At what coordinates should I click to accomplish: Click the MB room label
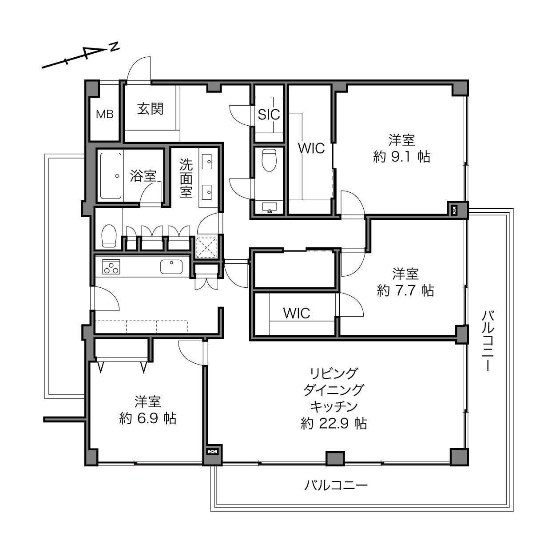click(104, 114)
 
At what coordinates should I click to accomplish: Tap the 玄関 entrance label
click(151, 109)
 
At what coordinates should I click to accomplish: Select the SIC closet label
click(269, 115)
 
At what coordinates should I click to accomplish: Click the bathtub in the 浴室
click(111, 176)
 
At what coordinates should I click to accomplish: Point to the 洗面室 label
click(186, 178)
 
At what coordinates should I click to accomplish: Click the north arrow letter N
click(115, 47)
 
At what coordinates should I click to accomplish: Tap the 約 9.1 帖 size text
click(401, 157)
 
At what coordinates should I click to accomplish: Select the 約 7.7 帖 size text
click(405, 290)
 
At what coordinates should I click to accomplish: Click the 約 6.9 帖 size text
click(148, 418)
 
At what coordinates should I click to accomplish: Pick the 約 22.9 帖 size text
click(334, 424)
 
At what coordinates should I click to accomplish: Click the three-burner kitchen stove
click(111, 266)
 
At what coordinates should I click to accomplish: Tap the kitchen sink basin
click(171, 266)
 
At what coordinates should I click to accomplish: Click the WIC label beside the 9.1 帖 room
click(311, 148)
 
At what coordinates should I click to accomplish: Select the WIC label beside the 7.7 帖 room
click(297, 314)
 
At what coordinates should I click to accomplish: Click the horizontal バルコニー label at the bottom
click(336, 485)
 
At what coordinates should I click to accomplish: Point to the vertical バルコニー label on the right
click(488, 341)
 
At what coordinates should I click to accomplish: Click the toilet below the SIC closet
click(269, 160)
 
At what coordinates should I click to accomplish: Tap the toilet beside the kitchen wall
click(109, 236)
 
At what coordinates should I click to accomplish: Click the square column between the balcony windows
click(335, 458)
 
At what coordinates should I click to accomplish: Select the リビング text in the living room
click(334, 374)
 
